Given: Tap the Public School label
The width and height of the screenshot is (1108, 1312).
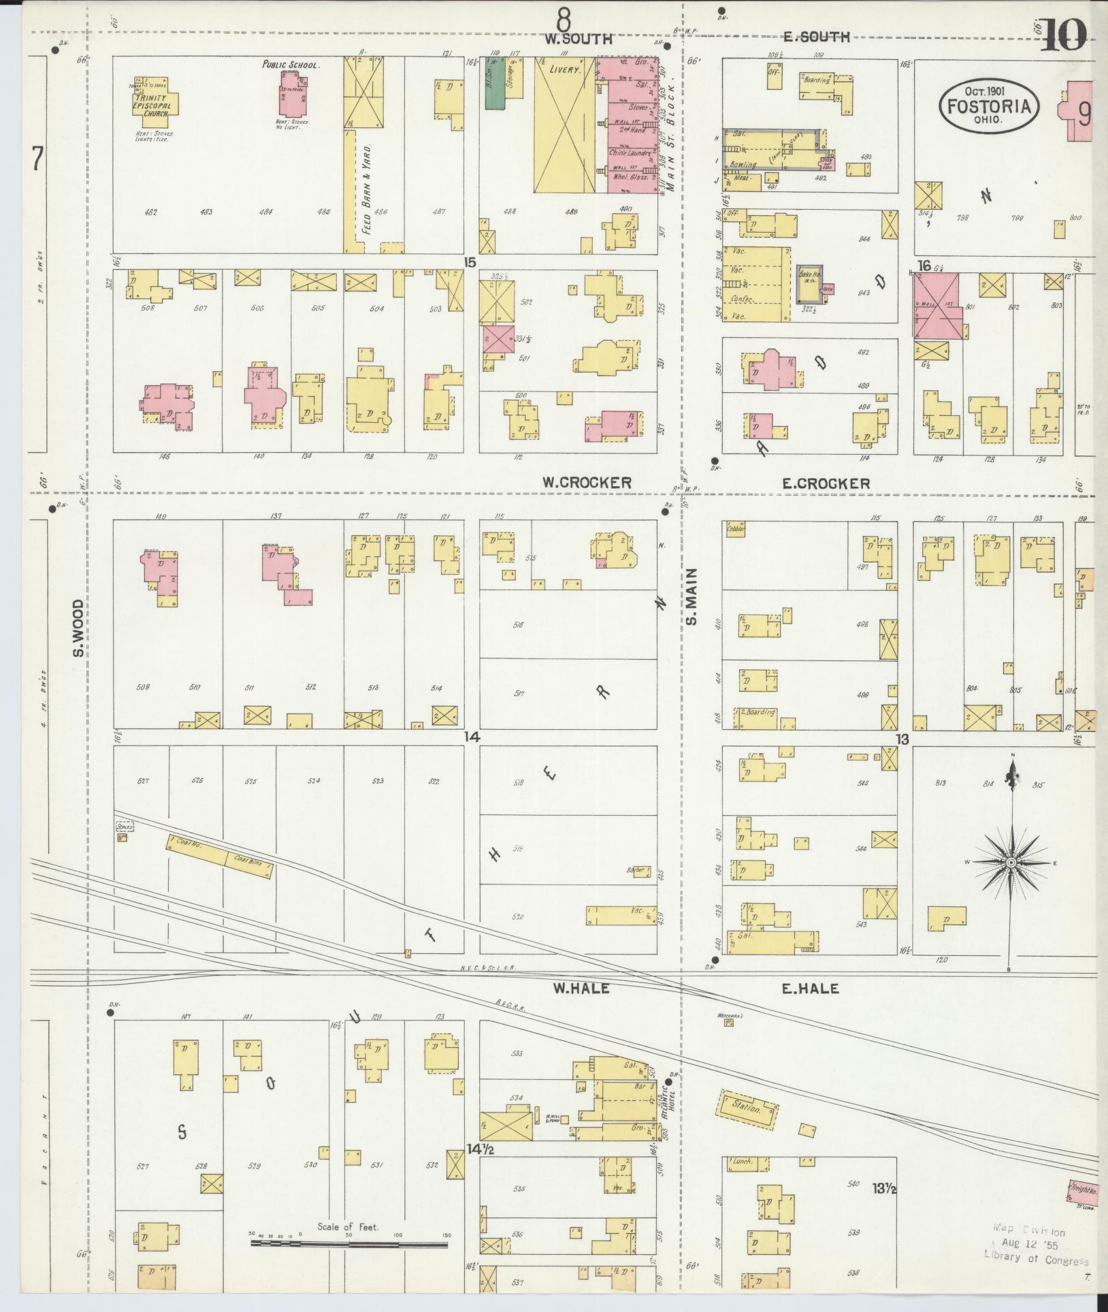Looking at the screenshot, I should point(291,65).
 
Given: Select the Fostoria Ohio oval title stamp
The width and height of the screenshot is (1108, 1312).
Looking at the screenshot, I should point(989,107).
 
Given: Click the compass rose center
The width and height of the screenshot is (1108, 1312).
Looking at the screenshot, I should point(1011,863).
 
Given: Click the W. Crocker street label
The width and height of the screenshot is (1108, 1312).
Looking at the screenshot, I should point(586,482).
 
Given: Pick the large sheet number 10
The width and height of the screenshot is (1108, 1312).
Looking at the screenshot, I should point(1063,35).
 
